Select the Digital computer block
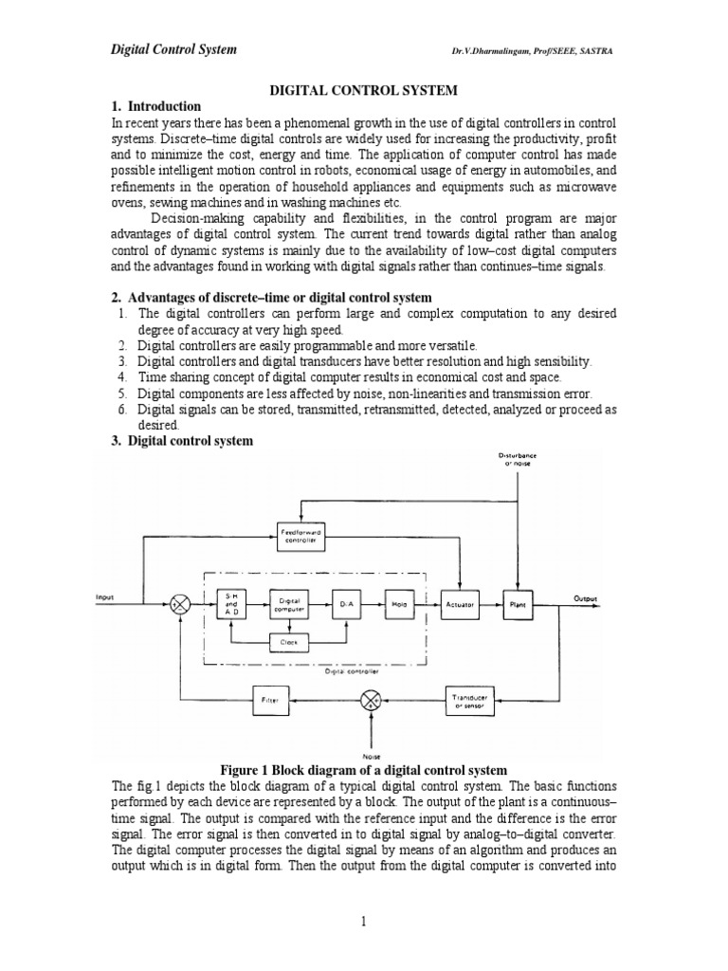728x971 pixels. click(289, 604)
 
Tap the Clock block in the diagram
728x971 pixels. click(288, 642)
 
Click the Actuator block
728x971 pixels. click(460, 603)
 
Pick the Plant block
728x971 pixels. click(518, 603)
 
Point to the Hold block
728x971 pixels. click(400, 603)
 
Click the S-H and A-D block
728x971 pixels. click(231, 604)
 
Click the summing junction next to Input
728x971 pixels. click(180, 604)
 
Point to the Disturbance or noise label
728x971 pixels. click(518, 459)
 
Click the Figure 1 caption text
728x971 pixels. click(363, 769)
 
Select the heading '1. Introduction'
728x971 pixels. click(156, 106)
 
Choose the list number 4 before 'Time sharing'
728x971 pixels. click(122, 376)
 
